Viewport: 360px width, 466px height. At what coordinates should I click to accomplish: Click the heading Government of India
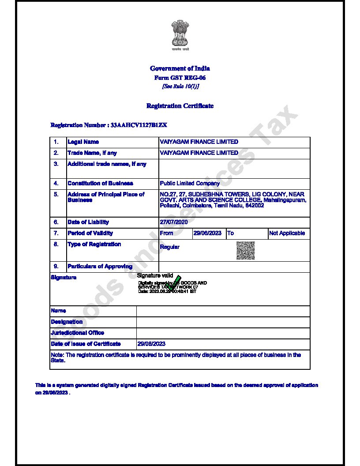click(x=180, y=68)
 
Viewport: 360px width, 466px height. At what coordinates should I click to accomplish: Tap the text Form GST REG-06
click(x=180, y=78)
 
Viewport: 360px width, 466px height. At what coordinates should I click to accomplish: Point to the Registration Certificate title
click(x=180, y=106)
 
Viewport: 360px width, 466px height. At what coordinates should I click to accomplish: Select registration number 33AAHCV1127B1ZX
click(x=139, y=125)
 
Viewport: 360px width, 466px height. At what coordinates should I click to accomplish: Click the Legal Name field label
click(x=83, y=142)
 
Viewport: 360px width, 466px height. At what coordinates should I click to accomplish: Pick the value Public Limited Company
click(x=190, y=184)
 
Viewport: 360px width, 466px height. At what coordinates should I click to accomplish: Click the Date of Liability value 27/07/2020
click(x=174, y=222)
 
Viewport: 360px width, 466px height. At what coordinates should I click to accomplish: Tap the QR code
click(x=245, y=250)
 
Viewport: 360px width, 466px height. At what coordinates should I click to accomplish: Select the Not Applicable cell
click(x=287, y=233)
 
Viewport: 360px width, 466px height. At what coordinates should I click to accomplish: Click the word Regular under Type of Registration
click(x=169, y=247)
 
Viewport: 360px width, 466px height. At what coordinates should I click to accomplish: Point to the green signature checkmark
click(x=174, y=283)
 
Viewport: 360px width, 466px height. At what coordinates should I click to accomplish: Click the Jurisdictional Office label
click(x=78, y=333)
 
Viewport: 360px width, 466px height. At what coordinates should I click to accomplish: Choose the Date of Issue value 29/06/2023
click(x=151, y=344)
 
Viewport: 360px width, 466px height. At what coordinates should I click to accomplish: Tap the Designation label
click(x=67, y=322)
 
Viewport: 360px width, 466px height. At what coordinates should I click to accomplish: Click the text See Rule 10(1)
click(x=180, y=86)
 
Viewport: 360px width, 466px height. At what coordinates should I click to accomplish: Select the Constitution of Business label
click(x=100, y=184)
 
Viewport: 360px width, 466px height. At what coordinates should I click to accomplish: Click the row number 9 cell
click(x=56, y=267)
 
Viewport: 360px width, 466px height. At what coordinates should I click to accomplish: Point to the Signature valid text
click(x=155, y=276)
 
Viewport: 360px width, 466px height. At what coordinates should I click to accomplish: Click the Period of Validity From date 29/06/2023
click(x=207, y=233)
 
